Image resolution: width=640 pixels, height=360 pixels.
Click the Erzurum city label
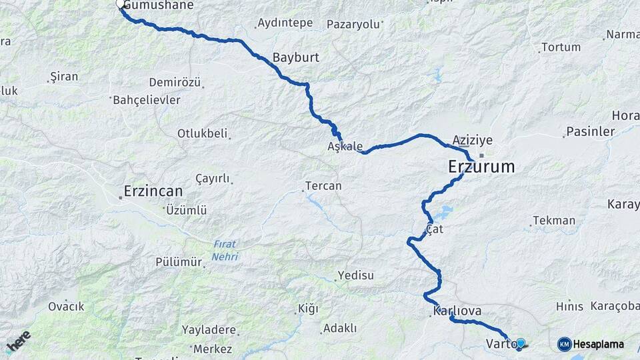pos(481,167)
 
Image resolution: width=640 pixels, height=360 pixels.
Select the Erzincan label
pos(153,191)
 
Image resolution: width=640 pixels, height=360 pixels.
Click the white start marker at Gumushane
pos(121,4)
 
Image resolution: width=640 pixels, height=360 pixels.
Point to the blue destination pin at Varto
pos(521,343)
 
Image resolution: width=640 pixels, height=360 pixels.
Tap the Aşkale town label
pos(345,146)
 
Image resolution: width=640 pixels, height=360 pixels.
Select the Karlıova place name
pos(457,311)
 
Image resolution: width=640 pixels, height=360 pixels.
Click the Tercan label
pos(323,186)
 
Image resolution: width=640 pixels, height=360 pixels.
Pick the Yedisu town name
pos(356,275)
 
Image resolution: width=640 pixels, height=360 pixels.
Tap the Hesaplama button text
pos(599,344)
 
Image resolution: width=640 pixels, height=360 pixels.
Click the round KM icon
pos(564,344)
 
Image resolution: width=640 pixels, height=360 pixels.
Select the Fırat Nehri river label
pos(225,250)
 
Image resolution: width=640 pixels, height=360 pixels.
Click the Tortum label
pos(561,47)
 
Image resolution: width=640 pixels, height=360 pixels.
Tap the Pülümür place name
pos(178,262)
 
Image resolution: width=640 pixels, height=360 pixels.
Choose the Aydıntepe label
pos(285,23)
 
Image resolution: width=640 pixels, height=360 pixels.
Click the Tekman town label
pos(554,221)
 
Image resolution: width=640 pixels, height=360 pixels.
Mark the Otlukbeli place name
pos(202,133)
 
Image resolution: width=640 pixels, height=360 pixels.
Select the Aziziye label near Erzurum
pos(472,141)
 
